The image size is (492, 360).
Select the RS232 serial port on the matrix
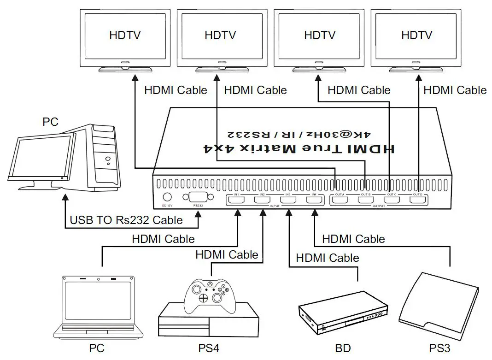tap(198, 197)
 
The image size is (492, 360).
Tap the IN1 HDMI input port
tap(237, 201)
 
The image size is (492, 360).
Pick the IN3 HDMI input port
tap(288, 201)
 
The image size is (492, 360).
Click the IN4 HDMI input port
tap(315, 201)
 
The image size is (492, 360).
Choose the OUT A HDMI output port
tap(340, 201)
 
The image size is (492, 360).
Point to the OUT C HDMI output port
tap(392, 201)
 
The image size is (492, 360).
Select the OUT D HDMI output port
tap(418, 201)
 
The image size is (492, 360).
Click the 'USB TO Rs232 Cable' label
tap(126, 220)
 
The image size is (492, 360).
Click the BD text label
tap(343, 348)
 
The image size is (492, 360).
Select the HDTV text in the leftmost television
tap(124, 35)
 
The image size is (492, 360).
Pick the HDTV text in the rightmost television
tap(416, 35)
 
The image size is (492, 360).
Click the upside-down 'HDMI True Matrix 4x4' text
tap(299, 148)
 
